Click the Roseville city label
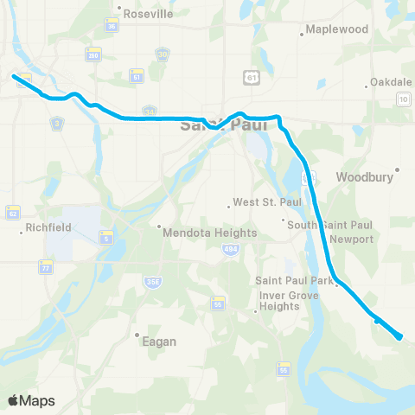coord(148,15)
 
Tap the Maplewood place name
coord(337,29)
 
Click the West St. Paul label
coord(259,204)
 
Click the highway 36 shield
coord(111,26)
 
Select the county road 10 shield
coord(403,99)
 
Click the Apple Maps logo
coord(31,400)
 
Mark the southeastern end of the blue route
coord(400,337)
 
